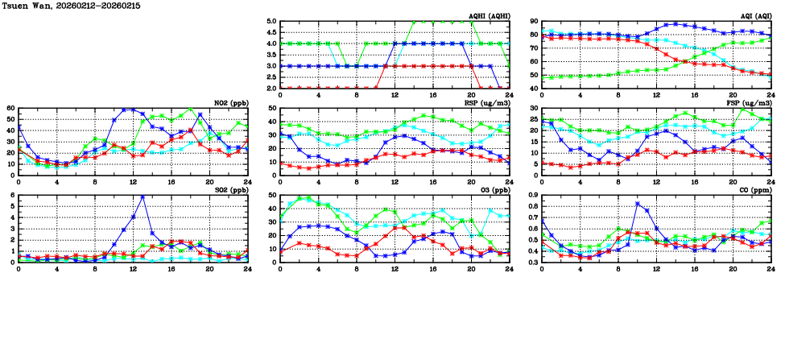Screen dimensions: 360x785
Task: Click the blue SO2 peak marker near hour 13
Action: pyautogui.click(x=143, y=197)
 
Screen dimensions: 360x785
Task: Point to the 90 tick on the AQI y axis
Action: pyautogui.click(x=534, y=22)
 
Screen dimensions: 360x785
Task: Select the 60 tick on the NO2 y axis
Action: pyautogui.click(x=10, y=109)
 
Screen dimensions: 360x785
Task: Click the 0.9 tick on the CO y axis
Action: pyautogui.click(x=532, y=195)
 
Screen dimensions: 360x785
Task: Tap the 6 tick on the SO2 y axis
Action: pyautogui.click(x=13, y=195)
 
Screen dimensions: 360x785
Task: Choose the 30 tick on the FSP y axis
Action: pyautogui.click(x=534, y=109)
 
